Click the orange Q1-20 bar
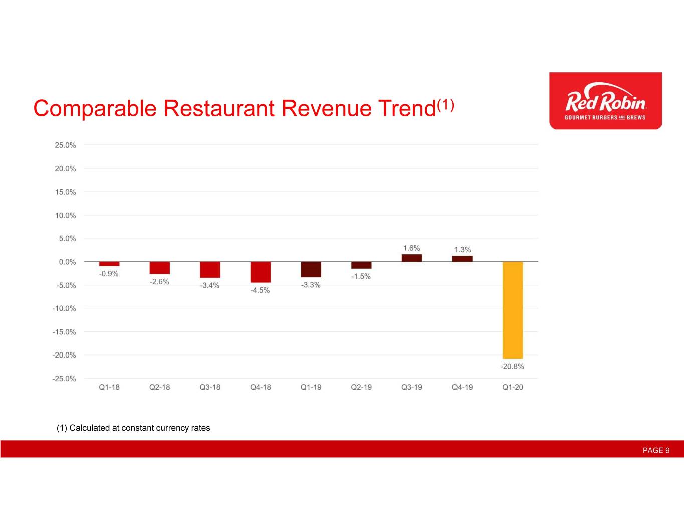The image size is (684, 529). [x=512, y=309]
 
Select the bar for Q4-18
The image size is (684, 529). [x=260, y=272]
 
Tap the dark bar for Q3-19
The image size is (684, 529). [x=411, y=258]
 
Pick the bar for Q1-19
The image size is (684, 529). [x=311, y=269]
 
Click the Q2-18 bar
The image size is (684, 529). [x=159, y=268]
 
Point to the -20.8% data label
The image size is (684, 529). [x=512, y=367]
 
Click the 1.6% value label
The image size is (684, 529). [x=411, y=248]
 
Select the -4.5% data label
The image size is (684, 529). [x=260, y=290]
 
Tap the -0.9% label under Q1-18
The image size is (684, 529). [x=109, y=274]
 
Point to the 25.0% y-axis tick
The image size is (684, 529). [x=65, y=145]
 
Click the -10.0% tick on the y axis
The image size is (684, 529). [x=64, y=308]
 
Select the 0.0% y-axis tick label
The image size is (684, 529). [x=66, y=262]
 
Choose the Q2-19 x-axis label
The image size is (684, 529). [x=361, y=387]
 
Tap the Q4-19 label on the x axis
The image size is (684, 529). [x=462, y=387]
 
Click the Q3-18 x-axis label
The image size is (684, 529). [x=210, y=387]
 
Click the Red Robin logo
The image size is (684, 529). [x=605, y=101]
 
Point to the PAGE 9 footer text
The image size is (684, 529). [x=656, y=450]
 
